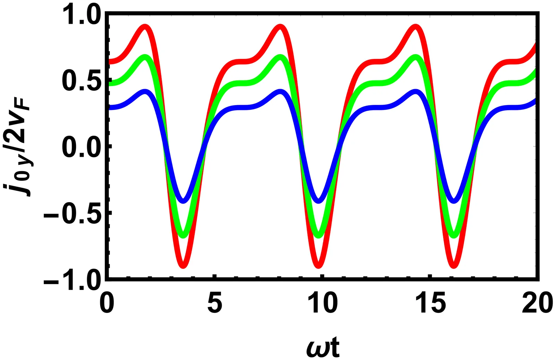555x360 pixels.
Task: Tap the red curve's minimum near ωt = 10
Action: [319, 266]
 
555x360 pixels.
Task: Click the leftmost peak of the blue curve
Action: [145, 92]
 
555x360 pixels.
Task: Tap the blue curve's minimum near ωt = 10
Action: [319, 201]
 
